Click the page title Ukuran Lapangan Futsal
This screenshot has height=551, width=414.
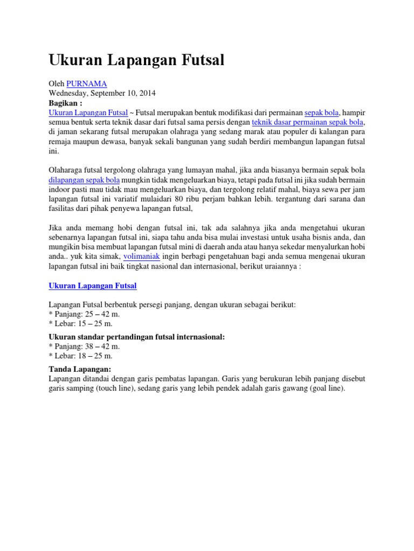tap(136, 60)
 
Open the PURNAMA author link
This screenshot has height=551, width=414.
tap(86, 83)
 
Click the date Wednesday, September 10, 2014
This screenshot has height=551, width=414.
tap(102, 93)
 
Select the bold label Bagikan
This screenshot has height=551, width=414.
tap(66, 103)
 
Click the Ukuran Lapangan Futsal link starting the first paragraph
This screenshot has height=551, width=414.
tap(88, 112)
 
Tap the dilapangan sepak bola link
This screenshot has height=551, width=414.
tap(84, 180)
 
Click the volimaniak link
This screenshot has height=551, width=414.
tap(141, 257)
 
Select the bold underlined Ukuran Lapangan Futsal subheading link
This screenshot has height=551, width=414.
tap(93, 285)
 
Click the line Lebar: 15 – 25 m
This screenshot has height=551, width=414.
tap(81, 324)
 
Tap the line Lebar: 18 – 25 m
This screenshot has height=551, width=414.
tap(81, 356)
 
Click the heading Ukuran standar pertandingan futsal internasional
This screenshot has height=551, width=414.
tap(136, 337)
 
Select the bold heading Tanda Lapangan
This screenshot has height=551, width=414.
tap(80, 369)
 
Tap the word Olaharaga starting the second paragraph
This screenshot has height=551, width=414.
tap(68, 170)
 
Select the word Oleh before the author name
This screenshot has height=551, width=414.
tap(57, 83)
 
